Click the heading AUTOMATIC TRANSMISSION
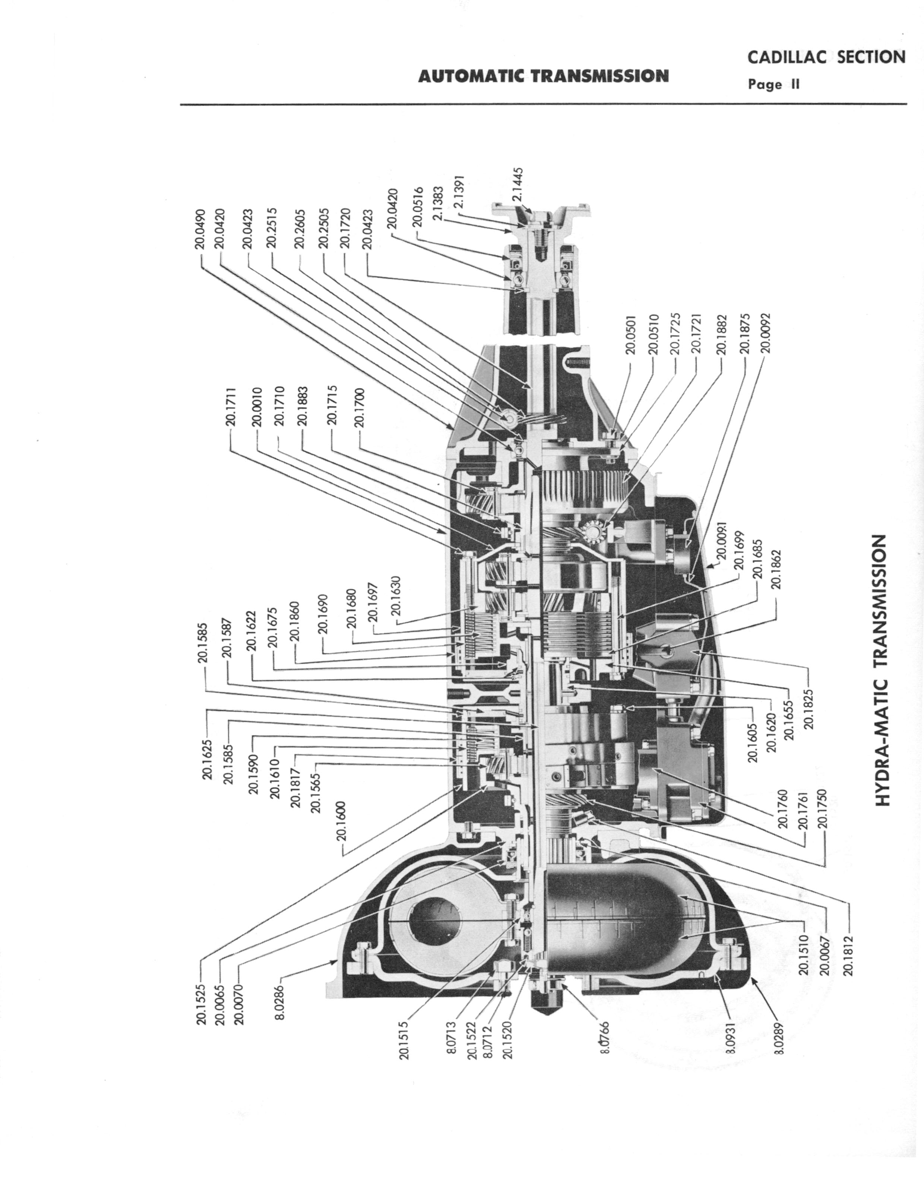coord(543,76)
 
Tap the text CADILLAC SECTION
coord(826,57)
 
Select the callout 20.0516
coord(417,207)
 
